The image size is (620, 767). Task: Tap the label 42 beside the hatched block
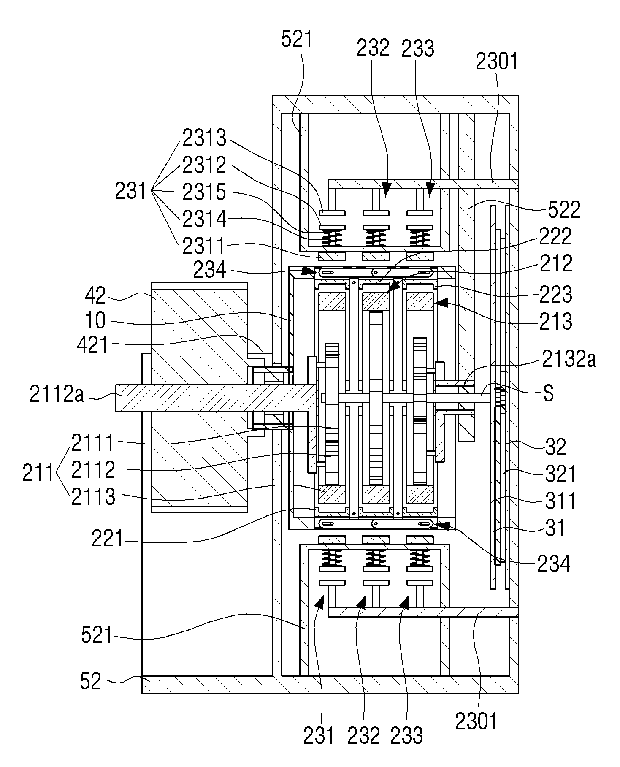96,296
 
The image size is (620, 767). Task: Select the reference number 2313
204,138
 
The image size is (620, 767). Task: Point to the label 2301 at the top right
497,62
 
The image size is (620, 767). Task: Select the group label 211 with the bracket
38,473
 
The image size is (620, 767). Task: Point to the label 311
560,501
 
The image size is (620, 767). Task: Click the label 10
95,320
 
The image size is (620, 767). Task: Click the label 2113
93,496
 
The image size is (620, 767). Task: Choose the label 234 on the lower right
553,563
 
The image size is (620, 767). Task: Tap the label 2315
204,192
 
